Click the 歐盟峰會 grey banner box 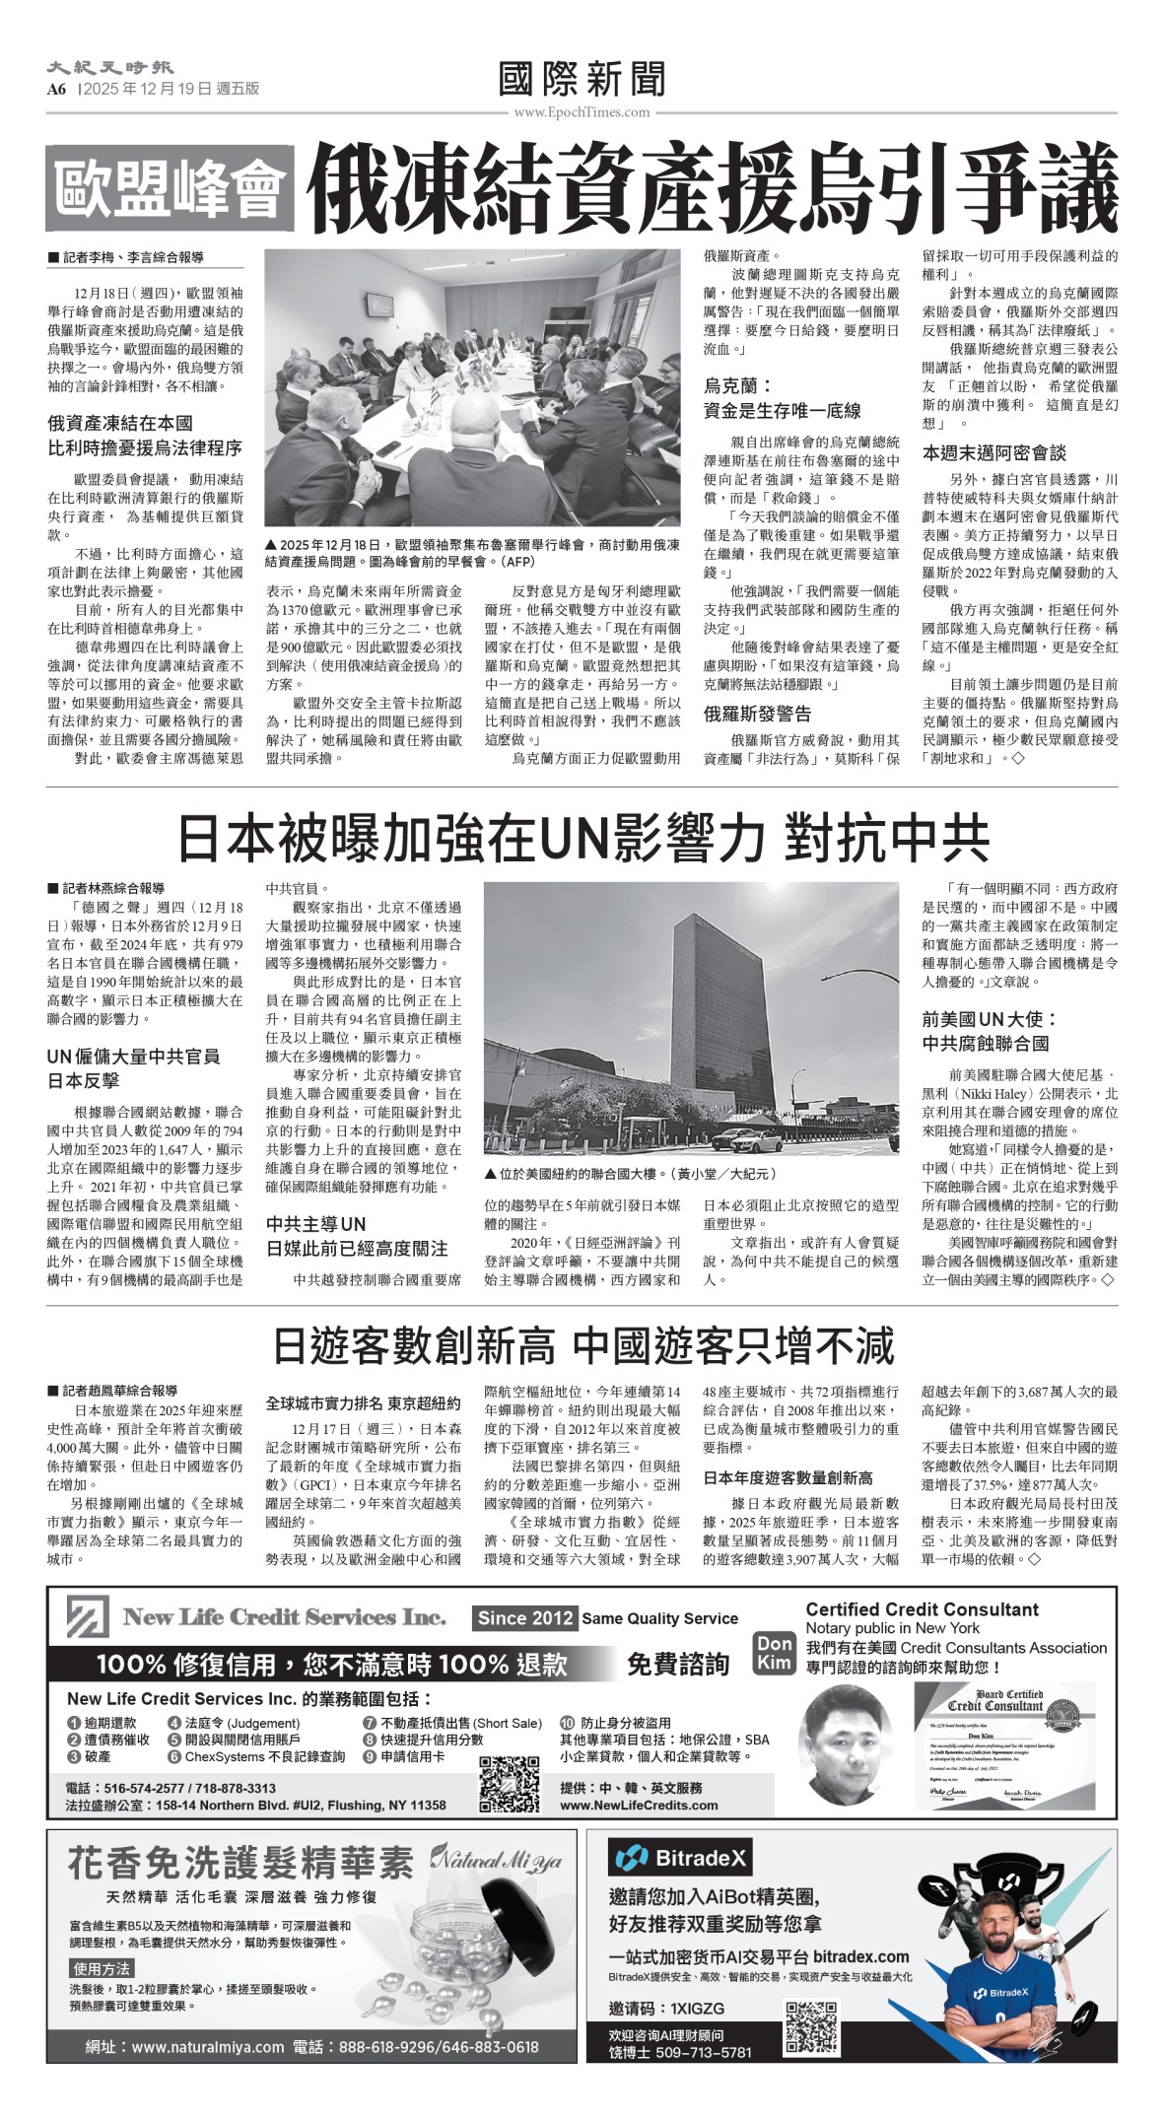[170, 187]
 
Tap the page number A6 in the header [56, 89]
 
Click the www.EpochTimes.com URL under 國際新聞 [582, 112]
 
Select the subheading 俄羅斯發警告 [758, 714]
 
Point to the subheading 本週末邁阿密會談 [993, 452]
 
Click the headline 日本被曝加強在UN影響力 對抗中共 [582, 839]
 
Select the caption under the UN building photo [631, 1174]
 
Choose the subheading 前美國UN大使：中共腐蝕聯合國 [989, 1031]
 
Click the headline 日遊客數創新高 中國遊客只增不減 [582, 1345]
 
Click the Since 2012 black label [524, 1617]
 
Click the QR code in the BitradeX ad [811, 2022]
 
